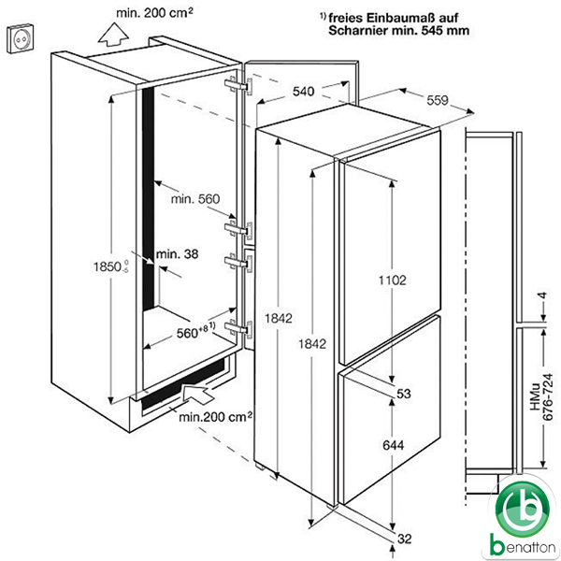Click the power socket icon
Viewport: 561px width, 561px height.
coord(21,38)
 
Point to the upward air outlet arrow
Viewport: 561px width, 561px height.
coord(113,34)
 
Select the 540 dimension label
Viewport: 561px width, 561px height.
coord(303,92)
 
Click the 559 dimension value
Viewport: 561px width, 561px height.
coord(438,100)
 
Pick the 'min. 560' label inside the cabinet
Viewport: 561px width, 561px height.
coord(195,198)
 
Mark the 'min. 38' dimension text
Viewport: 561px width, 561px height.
coord(177,254)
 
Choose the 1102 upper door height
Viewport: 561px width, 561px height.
coord(393,280)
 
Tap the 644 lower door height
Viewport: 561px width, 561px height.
coord(394,445)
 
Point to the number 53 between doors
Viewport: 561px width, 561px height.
coord(404,394)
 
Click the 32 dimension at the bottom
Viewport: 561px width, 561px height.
coord(404,539)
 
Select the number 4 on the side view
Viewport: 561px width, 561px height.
coord(542,295)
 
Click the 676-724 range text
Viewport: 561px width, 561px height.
coord(548,397)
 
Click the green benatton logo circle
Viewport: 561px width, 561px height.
coord(522,510)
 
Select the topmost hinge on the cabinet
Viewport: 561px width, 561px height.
coord(238,86)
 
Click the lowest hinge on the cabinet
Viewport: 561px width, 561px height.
coord(238,328)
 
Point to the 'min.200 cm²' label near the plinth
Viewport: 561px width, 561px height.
coord(215,416)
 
